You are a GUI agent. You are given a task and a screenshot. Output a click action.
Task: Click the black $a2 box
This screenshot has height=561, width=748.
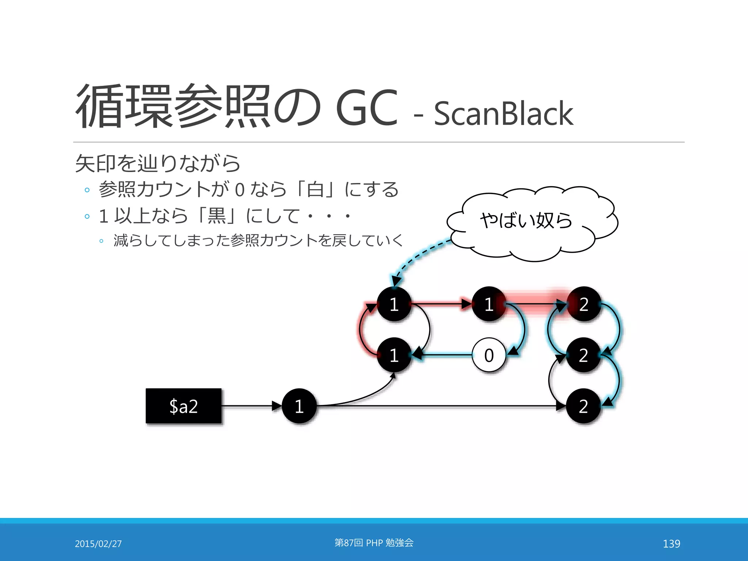tap(183, 406)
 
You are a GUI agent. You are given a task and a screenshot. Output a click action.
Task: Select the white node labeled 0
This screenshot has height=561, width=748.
tap(489, 355)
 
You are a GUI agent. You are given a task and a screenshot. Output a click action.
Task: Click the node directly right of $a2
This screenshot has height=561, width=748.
tap(299, 406)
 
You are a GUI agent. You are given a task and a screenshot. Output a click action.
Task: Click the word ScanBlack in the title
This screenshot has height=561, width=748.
tap(503, 114)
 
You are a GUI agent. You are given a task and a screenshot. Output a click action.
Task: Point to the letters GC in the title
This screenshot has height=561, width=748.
tap(366, 108)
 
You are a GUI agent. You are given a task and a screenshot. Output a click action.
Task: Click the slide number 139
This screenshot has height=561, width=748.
tap(671, 544)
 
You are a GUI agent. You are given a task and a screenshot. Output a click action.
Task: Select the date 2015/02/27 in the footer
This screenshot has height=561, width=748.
tap(98, 544)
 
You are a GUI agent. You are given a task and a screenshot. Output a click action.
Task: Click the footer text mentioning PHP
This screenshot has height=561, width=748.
tap(374, 543)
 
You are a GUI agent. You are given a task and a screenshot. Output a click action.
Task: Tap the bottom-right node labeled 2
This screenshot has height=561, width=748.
tap(583, 406)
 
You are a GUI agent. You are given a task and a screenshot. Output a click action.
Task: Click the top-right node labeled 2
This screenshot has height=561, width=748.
tap(584, 304)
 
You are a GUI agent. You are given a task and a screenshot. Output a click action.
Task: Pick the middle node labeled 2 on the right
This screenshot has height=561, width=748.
tap(583, 355)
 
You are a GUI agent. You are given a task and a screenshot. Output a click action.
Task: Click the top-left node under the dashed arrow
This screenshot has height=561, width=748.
tap(394, 304)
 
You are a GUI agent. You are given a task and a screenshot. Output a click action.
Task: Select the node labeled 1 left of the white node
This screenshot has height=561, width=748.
tap(394, 355)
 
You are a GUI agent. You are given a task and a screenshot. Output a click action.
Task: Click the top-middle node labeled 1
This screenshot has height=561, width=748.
tap(489, 304)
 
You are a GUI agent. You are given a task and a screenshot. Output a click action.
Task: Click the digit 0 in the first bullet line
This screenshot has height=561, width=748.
tap(240, 190)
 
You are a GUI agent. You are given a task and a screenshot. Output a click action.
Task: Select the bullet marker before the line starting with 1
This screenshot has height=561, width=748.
tap(87, 216)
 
